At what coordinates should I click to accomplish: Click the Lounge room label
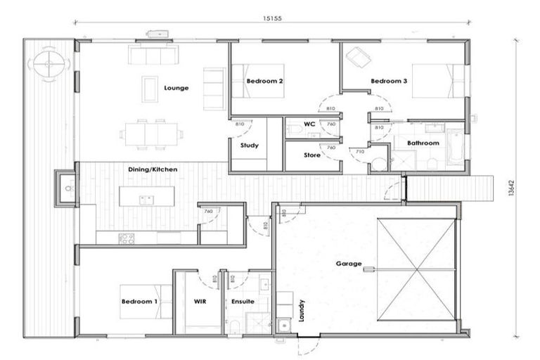[x=176, y=88]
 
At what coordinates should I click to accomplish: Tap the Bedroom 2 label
[x=264, y=82]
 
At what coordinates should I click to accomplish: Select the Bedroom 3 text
[x=389, y=82]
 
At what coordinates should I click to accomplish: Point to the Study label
[x=249, y=146]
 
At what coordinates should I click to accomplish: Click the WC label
[x=309, y=124]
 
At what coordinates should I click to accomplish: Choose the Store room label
[x=311, y=155]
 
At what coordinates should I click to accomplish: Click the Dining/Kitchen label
[x=153, y=169]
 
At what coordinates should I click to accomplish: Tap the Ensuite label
[x=243, y=301]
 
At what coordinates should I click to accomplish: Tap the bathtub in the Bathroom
[x=455, y=148]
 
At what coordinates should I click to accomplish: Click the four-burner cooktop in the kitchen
[x=127, y=238]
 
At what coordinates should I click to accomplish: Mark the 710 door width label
[x=359, y=151]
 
